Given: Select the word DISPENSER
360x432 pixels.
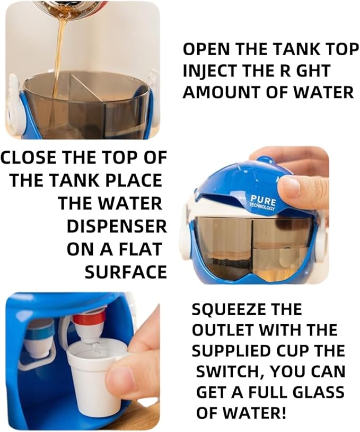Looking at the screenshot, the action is click(x=117, y=227).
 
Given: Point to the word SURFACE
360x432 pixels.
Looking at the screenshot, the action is click(x=126, y=272).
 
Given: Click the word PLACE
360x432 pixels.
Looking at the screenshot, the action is click(x=134, y=180).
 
